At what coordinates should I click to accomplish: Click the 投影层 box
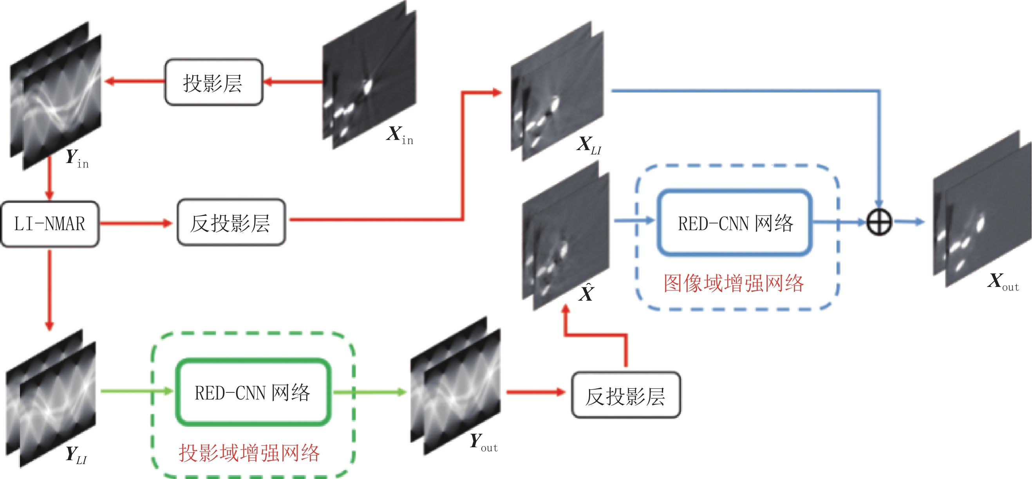214,83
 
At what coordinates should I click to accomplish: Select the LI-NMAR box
50,224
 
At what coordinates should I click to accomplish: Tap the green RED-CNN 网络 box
253,392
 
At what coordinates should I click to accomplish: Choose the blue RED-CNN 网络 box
735,223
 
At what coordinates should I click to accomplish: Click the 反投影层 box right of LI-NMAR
231,223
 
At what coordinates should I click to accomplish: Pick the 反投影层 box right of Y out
625,395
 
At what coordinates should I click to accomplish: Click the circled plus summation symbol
879,222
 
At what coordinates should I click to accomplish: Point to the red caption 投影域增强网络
249,453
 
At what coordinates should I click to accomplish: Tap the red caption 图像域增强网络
734,283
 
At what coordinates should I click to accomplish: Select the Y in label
76,158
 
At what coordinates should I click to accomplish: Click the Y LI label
76,455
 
